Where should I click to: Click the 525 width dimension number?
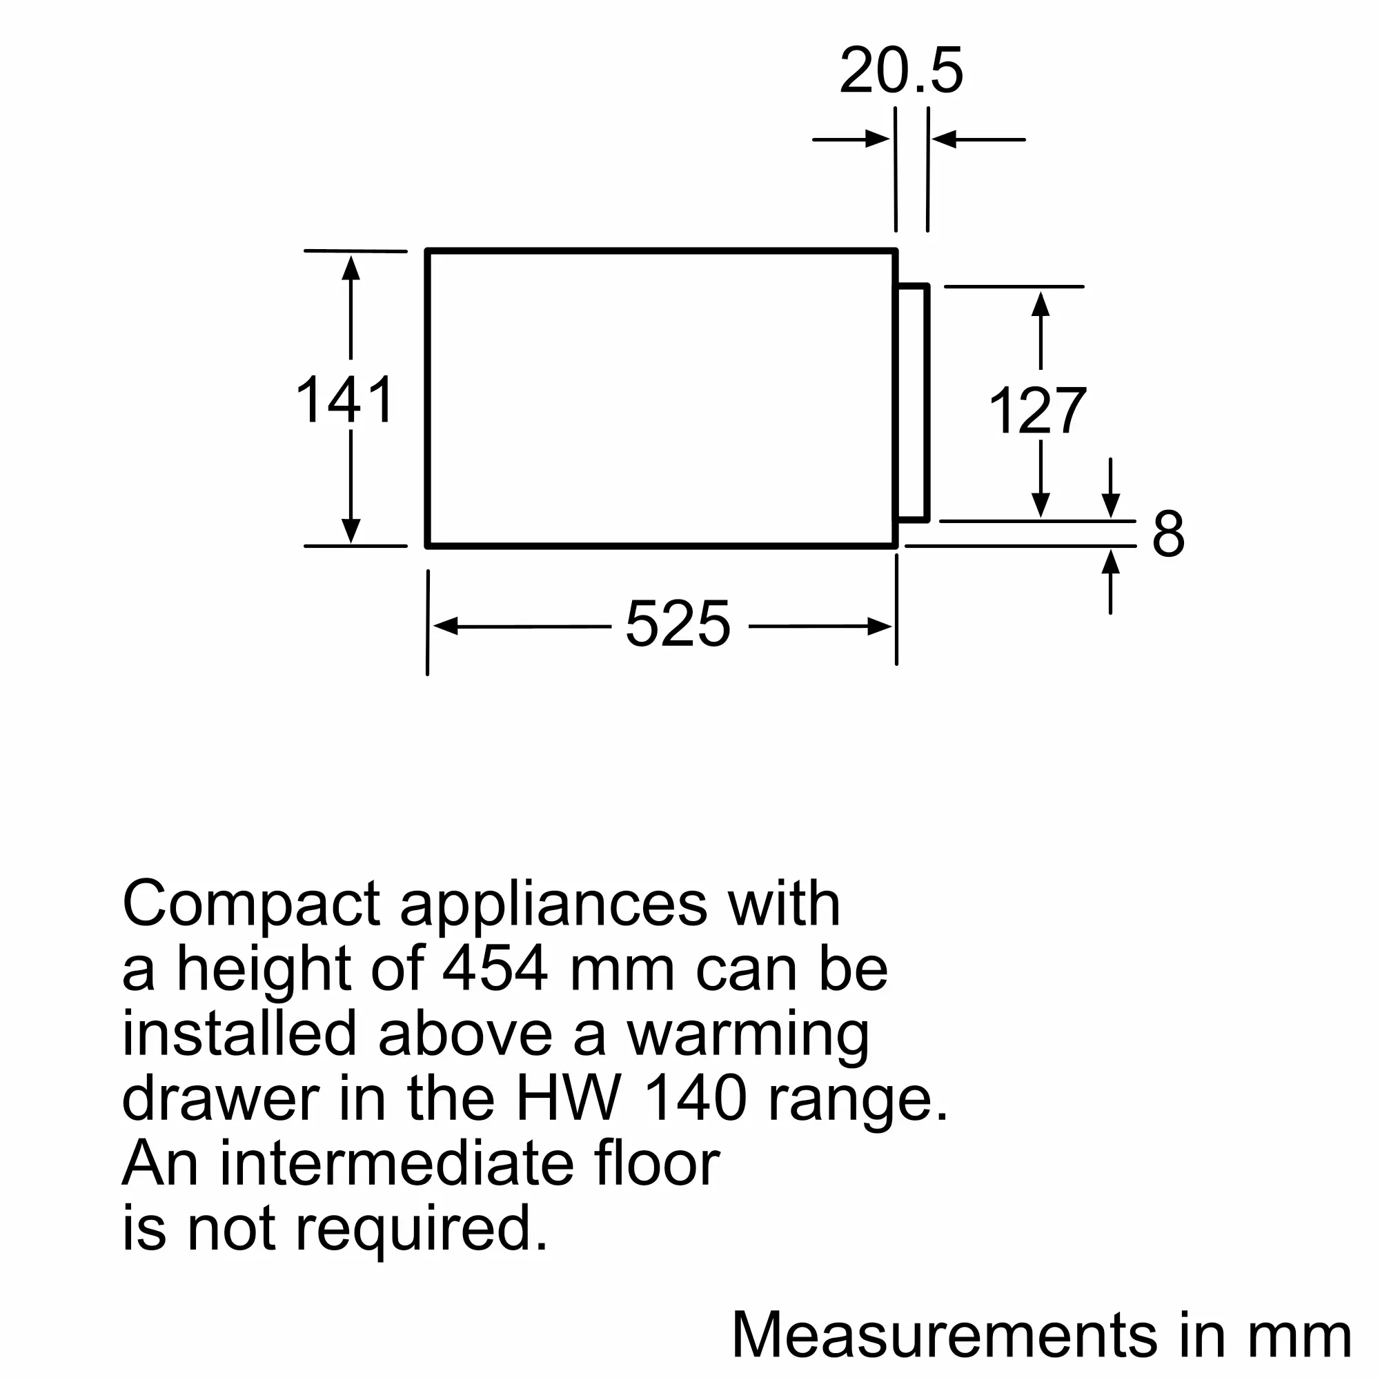click(x=678, y=624)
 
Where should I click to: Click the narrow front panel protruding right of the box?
click(x=913, y=403)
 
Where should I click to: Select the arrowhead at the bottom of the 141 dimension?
click(x=351, y=531)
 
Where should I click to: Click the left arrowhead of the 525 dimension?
click(x=446, y=627)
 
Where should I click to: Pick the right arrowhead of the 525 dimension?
click(x=879, y=627)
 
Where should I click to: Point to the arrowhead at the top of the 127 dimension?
click(x=1041, y=304)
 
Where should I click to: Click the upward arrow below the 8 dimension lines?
click(x=1110, y=563)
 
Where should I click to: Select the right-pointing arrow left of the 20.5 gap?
click(x=877, y=139)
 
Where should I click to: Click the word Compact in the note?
click(x=250, y=905)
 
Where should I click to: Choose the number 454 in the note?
click(x=495, y=969)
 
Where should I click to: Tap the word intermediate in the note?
click(x=397, y=1163)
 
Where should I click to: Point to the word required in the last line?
click(x=421, y=1229)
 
